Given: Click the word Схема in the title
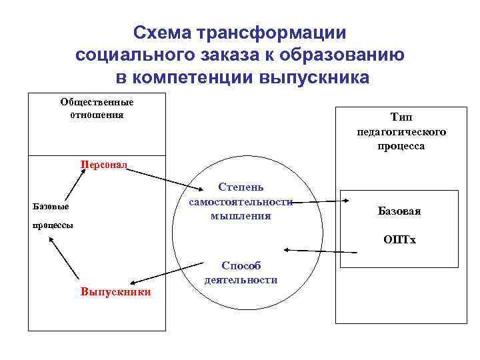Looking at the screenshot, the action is [x=159, y=33].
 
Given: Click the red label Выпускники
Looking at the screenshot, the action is [x=115, y=291].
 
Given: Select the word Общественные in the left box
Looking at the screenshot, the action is [x=97, y=102].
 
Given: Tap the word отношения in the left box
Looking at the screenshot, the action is [x=97, y=114].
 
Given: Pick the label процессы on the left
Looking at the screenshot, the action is [x=53, y=225].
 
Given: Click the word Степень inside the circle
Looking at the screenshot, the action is [x=240, y=189].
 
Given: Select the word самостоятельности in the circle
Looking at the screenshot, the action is [x=241, y=202].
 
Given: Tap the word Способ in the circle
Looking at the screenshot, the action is [x=240, y=266].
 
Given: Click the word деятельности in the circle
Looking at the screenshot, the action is [x=241, y=279].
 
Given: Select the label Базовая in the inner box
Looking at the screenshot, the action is [x=399, y=211].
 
